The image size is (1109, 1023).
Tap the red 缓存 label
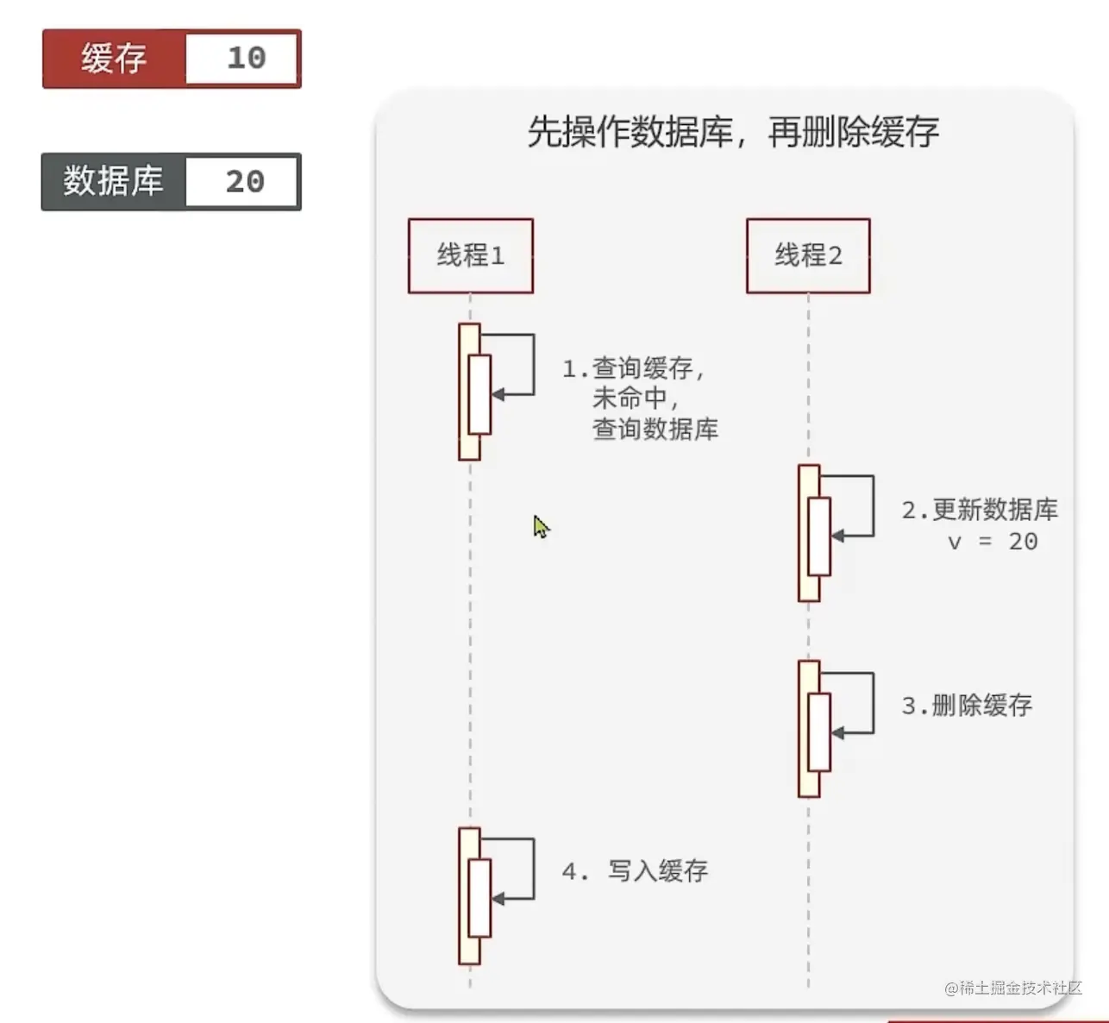click(x=114, y=59)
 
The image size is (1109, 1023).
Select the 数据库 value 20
click(x=244, y=182)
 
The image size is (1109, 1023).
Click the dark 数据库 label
click(x=113, y=182)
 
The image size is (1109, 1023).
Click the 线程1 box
click(x=471, y=255)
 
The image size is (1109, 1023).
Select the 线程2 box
click(x=808, y=255)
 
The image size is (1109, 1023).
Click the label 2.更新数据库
click(x=980, y=511)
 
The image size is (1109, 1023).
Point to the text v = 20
click(x=993, y=542)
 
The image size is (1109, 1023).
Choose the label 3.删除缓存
click(x=967, y=706)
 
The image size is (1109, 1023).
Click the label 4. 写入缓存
click(x=636, y=871)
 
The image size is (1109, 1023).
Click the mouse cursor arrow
click(x=540, y=526)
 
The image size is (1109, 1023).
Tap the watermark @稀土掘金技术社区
click(x=1012, y=988)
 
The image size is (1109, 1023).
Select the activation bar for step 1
click(x=469, y=392)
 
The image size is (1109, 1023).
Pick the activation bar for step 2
click(x=809, y=533)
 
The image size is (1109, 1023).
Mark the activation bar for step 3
click(x=809, y=729)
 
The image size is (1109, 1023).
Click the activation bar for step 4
click(x=469, y=895)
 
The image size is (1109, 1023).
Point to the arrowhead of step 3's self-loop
click(x=836, y=733)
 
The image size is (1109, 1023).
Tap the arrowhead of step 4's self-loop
click(x=497, y=899)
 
